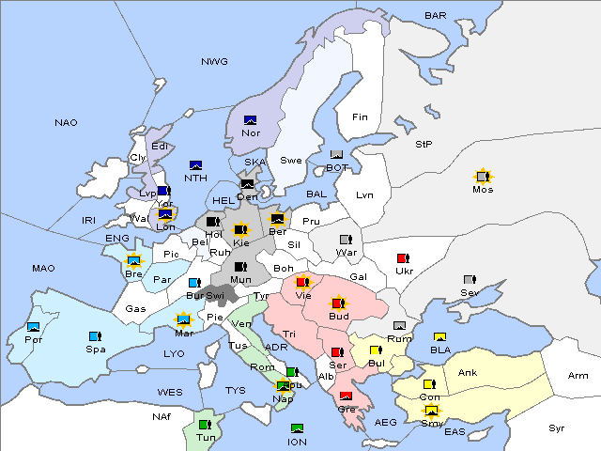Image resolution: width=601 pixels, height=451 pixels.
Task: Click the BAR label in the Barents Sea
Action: coord(435,15)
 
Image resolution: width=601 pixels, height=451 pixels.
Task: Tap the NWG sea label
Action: coord(214,61)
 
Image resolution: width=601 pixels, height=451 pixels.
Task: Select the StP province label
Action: coord(424,145)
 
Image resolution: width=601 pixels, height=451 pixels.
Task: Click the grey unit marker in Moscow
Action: coord(483,176)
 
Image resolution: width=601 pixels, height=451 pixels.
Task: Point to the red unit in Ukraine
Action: coord(404,258)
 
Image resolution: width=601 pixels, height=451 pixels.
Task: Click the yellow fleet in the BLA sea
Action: coord(439,337)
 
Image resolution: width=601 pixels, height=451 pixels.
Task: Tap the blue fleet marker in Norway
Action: coord(251,119)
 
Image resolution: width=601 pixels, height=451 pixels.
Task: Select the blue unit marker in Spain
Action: coord(95,335)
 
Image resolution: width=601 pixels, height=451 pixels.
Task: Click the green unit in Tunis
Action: coord(205,425)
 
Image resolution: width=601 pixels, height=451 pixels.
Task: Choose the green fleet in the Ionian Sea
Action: coord(297,428)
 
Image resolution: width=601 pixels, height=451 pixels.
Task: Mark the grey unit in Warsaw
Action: coord(345,239)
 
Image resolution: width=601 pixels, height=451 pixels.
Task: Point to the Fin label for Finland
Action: coord(359,117)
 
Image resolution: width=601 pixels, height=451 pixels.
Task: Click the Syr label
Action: coord(558,428)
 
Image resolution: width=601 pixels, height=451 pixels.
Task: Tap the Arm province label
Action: coord(578,376)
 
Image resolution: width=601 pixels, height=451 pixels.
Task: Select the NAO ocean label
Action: coord(66,122)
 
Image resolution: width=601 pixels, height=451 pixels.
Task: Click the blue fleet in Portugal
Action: coord(34,326)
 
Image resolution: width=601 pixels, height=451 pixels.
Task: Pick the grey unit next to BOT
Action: coord(336,155)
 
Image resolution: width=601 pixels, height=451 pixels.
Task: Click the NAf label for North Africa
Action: coord(161,415)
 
